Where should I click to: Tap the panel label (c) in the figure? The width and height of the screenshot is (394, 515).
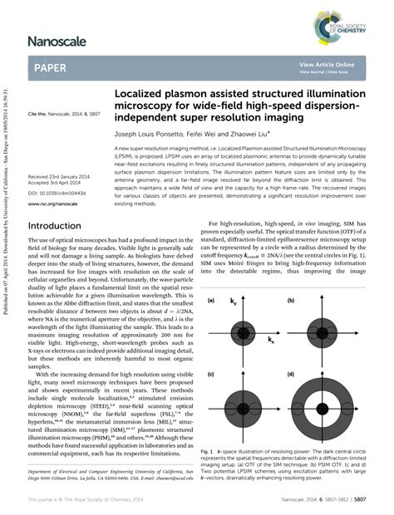(212, 375)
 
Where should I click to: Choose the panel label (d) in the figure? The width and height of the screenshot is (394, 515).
(297, 375)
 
